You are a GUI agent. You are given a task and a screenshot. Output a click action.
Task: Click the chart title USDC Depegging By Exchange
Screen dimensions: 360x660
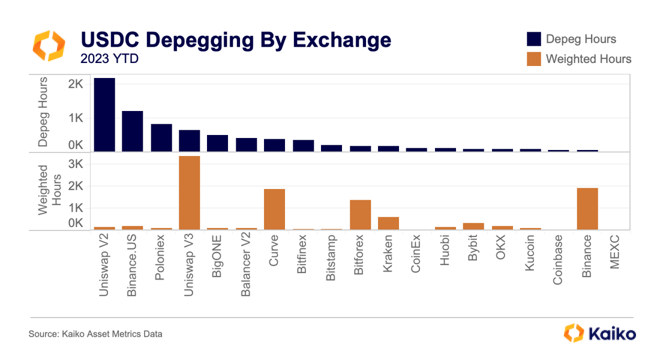236,40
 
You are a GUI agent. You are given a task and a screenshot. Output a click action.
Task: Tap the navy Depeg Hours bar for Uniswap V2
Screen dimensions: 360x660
104,115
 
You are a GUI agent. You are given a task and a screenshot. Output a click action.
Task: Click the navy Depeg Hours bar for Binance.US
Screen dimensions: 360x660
133,131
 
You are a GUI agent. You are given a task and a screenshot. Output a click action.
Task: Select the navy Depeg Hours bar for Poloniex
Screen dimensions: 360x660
161,137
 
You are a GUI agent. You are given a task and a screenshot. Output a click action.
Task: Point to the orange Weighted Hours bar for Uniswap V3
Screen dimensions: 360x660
190,193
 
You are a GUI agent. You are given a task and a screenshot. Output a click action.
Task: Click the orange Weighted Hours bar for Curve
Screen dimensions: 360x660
275,209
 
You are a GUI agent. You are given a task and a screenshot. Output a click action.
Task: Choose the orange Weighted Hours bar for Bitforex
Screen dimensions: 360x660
360,214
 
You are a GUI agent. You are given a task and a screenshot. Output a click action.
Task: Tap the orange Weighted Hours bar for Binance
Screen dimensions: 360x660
587,208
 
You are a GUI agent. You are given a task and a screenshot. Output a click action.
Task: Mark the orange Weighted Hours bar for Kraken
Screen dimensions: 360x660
388,223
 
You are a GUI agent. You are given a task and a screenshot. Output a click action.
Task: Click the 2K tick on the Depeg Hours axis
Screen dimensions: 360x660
75,85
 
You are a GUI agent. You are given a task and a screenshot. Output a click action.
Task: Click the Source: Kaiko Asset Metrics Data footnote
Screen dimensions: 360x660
95,334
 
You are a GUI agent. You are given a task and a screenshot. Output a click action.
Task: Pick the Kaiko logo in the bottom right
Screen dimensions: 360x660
600,333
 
